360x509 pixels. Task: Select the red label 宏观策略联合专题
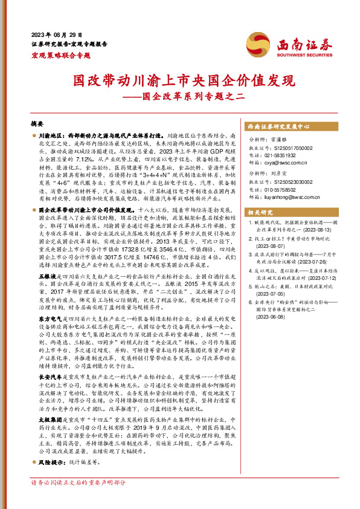click(60, 55)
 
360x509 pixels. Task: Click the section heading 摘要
click(37, 122)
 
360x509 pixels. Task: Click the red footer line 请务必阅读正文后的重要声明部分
click(78, 499)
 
